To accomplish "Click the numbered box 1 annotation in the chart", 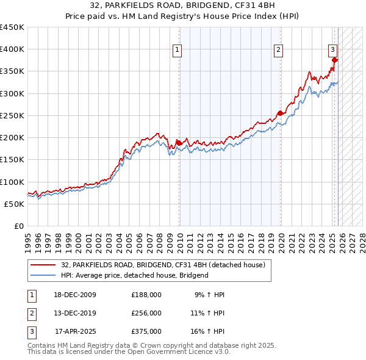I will click(x=177, y=51).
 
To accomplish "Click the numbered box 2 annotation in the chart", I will click(x=278, y=51).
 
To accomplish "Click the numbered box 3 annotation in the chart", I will click(x=333, y=50).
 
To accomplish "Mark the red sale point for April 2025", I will click(x=335, y=60).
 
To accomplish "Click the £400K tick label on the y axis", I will click(x=12, y=49).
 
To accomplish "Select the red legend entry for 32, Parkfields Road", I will click(x=163, y=265).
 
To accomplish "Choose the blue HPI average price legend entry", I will click(x=135, y=275).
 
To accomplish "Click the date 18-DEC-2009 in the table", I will click(x=74, y=295).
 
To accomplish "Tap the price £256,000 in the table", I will click(x=146, y=313).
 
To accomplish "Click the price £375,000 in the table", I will click(x=146, y=331).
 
